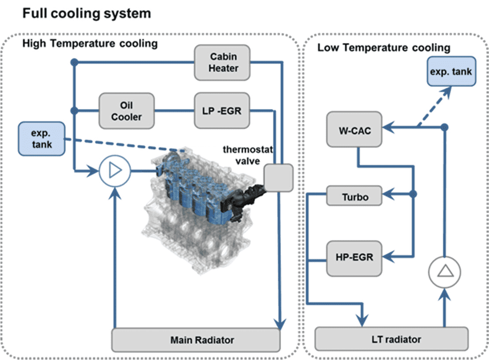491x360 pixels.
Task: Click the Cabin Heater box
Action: (223, 63)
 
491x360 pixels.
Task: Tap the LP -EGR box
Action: (223, 111)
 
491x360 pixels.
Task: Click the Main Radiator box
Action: (196, 340)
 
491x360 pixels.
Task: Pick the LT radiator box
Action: (392, 339)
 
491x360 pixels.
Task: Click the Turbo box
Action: (354, 196)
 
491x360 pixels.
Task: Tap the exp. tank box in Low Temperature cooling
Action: (451, 71)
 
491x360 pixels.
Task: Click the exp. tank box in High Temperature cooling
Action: (42, 139)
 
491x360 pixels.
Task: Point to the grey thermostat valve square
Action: (278, 177)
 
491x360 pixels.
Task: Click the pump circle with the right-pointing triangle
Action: (114, 170)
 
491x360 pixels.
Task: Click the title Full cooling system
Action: (87, 14)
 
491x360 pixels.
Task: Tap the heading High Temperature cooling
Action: (90, 44)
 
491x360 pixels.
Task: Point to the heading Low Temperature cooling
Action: (384, 47)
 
